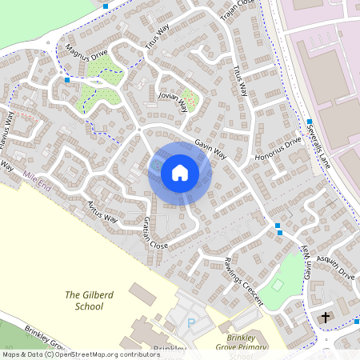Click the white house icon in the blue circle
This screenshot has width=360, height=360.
point(179,172)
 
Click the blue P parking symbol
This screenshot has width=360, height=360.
point(190,323)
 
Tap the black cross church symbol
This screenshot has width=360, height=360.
point(326,318)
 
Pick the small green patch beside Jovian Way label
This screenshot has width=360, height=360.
point(189,100)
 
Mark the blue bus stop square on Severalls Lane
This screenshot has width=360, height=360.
point(309,122)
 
